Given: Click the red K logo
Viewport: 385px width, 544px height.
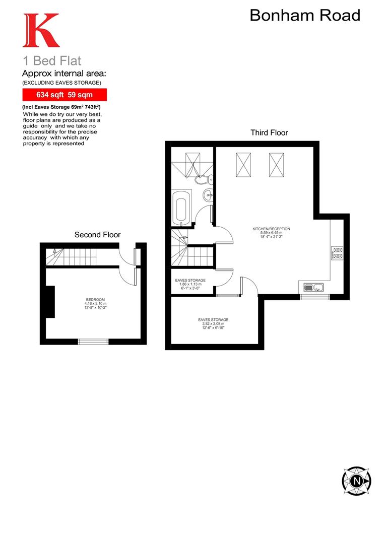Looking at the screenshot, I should tap(41, 31).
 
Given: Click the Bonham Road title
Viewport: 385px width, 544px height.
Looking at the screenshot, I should tap(305, 16).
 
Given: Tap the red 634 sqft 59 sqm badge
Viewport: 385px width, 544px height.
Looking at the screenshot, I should tap(64, 94).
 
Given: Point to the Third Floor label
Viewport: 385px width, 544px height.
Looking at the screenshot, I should tap(269, 132).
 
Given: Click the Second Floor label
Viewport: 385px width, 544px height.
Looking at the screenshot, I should tap(97, 234).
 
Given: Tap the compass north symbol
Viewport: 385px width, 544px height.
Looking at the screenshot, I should tap(357, 480).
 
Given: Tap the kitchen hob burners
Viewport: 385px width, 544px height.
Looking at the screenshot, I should tap(337, 253).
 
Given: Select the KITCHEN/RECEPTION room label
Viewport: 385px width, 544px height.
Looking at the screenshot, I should tap(271, 232).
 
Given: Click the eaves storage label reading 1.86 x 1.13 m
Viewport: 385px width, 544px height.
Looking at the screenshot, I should tap(190, 284).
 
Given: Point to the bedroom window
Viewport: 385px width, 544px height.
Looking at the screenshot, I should tap(93, 342).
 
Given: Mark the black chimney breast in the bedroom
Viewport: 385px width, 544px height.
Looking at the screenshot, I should tap(49, 302).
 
